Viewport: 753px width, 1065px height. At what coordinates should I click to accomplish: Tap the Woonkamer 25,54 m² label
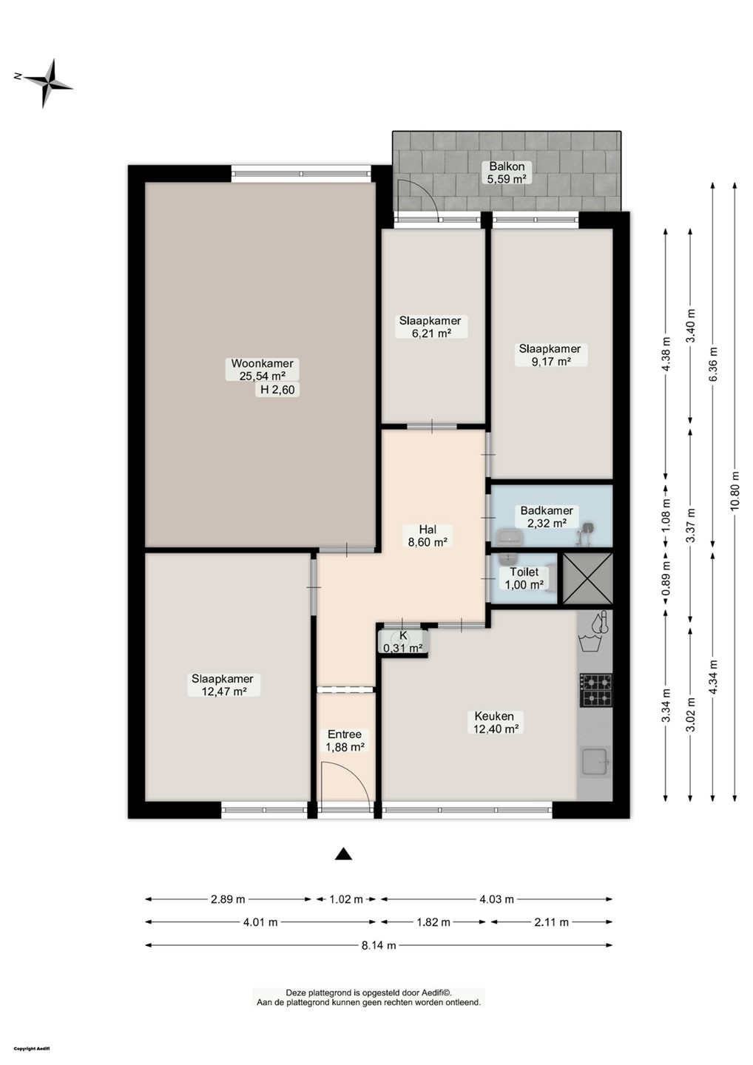click(x=262, y=370)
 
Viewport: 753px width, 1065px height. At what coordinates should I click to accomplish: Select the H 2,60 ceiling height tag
click(x=277, y=390)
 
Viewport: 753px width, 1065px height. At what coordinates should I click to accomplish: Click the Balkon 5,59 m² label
click(x=507, y=172)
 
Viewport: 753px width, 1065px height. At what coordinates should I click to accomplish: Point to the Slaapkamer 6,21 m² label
click(x=431, y=326)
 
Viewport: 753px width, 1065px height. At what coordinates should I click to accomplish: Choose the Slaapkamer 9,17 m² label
click(x=551, y=354)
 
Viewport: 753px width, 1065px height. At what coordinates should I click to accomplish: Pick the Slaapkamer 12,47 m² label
click(x=223, y=685)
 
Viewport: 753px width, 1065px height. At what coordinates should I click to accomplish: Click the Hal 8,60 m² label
click(x=428, y=535)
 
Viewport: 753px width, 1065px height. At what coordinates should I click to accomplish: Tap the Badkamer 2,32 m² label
click(x=547, y=517)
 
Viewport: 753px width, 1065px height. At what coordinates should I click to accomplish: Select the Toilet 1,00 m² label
click(x=524, y=578)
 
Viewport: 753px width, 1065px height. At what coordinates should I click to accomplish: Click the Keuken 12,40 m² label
click(x=496, y=722)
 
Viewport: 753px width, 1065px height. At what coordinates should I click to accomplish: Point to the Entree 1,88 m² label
click(x=345, y=741)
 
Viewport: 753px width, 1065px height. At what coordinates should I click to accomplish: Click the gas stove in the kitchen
click(x=595, y=690)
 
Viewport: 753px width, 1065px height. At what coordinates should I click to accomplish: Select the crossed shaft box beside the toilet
click(x=587, y=578)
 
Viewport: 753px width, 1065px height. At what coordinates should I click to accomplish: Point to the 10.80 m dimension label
click(x=735, y=490)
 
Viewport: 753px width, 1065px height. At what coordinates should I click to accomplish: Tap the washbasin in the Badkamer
click(x=509, y=537)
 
